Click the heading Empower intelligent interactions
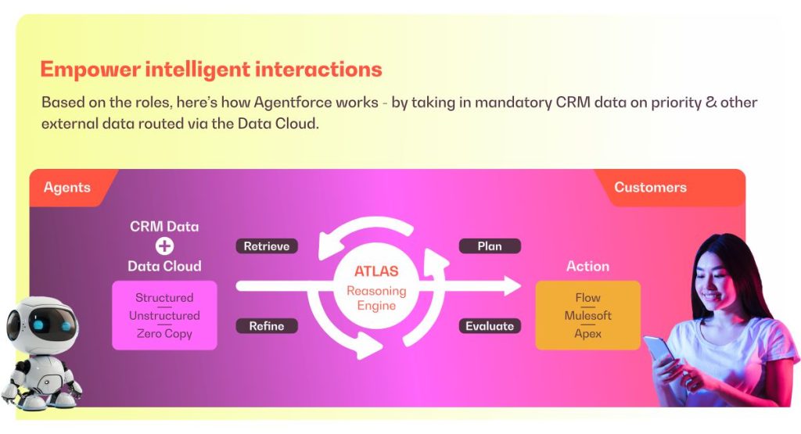pos(210,70)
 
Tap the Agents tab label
pos(66,188)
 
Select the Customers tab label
pos(650,188)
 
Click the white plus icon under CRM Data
pos(164,246)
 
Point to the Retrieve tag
pos(267,246)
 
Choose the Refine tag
pos(267,326)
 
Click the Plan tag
pos(490,246)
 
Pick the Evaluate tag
pos(490,326)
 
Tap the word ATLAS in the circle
pos(376,272)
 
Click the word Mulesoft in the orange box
pos(587,316)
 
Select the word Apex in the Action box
pos(587,334)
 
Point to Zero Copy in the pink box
pos(164,334)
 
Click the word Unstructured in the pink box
pos(164,316)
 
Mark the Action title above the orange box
pos(587,267)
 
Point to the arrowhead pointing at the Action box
pos(512,286)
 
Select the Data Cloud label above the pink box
pos(164,267)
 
